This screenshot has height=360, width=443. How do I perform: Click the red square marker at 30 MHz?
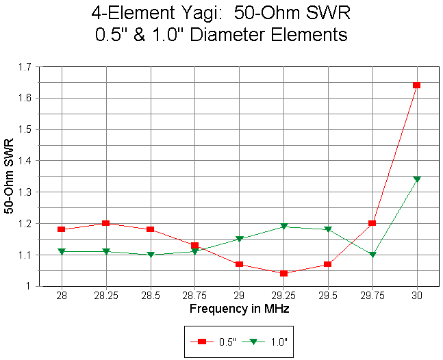point(416,86)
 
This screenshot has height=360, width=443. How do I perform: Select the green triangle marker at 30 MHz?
point(416,179)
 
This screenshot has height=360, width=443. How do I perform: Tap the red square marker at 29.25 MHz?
point(283,273)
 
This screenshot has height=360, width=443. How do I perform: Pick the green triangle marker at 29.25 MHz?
point(283,227)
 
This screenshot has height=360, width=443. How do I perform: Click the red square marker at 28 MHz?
point(62,229)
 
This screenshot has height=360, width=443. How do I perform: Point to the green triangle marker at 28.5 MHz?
point(151,255)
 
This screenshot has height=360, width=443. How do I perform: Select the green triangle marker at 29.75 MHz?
point(372,255)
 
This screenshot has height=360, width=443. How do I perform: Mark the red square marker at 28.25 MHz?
point(106,223)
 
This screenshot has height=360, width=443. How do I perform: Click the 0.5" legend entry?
point(216,341)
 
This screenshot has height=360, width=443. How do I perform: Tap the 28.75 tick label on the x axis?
point(194,296)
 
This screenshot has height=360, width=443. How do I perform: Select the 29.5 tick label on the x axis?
point(328,296)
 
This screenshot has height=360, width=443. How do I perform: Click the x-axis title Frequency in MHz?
point(239,309)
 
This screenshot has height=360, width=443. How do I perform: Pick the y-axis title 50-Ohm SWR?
point(10,177)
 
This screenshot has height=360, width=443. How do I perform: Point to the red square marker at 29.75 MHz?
point(372,223)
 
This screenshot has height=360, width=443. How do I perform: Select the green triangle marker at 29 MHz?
point(239,239)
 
